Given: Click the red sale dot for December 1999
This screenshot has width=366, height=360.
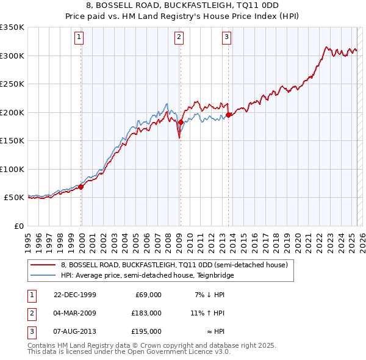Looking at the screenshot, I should (81, 187).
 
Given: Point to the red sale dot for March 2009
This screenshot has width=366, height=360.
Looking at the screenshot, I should (181, 122).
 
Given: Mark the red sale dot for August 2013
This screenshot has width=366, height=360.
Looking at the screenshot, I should (228, 115).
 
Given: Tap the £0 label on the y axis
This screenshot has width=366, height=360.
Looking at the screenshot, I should (18, 226).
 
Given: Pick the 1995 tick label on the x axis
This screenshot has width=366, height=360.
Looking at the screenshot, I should (28, 239).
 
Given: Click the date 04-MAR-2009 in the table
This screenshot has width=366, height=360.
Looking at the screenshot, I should (75, 312).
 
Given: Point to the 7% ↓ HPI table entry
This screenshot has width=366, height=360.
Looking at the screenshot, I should (209, 295).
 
